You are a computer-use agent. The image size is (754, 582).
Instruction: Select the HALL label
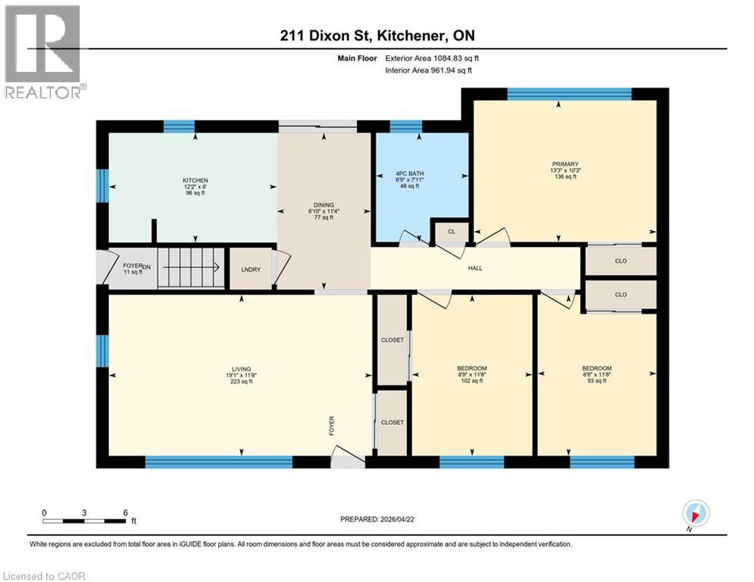coord(475,268)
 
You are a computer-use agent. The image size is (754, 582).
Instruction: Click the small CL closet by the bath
coord(451,232)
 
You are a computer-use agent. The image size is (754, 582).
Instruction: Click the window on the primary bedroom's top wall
coord(568,94)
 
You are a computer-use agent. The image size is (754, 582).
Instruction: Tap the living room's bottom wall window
coord(218,462)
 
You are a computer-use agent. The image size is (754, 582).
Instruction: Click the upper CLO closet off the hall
coord(620,261)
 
